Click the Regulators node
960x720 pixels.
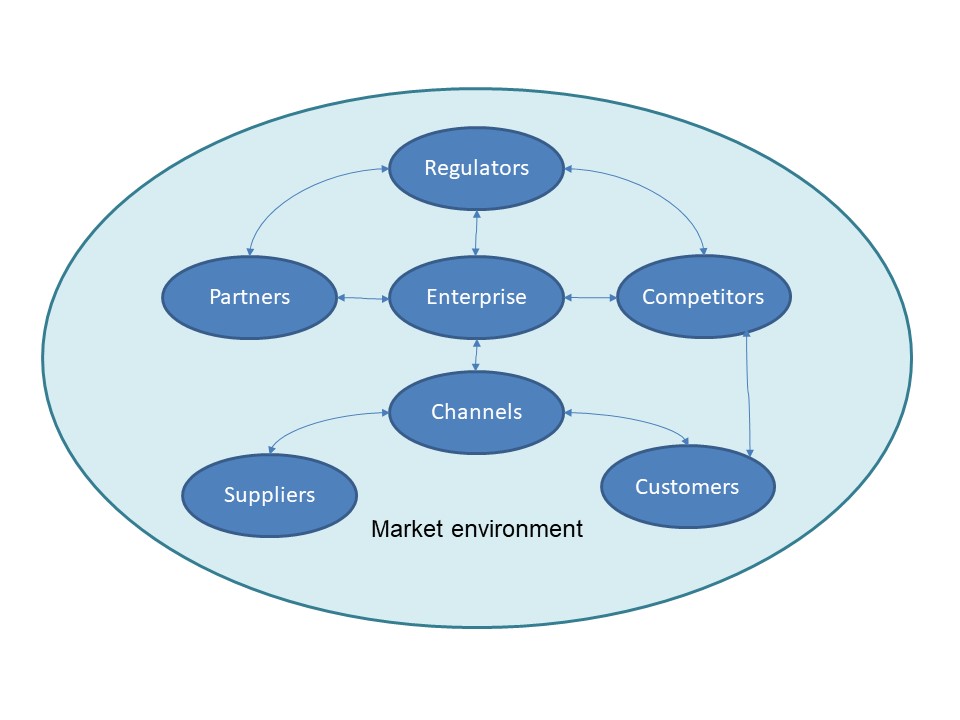click(476, 167)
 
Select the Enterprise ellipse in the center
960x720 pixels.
click(476, 297)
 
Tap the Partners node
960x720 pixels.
click(249, 297)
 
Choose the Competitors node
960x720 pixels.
click(703, 297)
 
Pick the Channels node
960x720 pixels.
click(476, 411)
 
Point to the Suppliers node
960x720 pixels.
click(269, 495)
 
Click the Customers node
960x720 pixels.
click(687, 487)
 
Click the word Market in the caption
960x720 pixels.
click(404, 528)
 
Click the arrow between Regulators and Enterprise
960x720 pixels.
click(477, 232)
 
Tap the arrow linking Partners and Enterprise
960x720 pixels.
click(362, 298)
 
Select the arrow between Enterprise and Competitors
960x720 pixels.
click(590, 298)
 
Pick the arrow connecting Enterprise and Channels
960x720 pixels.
click(476, 355)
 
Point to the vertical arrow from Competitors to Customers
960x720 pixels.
click(748, 395)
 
